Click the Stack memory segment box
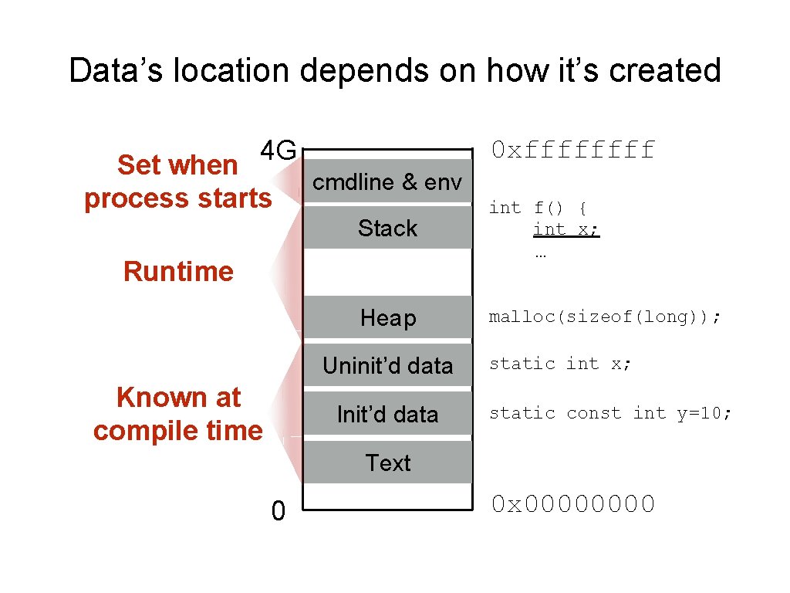[387, 227]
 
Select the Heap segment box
[387, 317]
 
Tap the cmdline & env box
[387, 181]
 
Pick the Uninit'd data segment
[387, 365]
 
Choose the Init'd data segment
[387, 414]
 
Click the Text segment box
[387, 463]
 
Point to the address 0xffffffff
[572, 149]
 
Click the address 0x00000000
[572, 504]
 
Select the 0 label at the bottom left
[279, 510]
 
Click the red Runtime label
[178, 272]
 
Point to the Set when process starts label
[178, 181]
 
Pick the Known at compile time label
[178, 413]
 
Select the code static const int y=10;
[610, 413]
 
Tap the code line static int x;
[560, 364]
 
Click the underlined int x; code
[566, 229]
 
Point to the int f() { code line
[538, 208]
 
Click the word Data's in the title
[116, 71]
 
